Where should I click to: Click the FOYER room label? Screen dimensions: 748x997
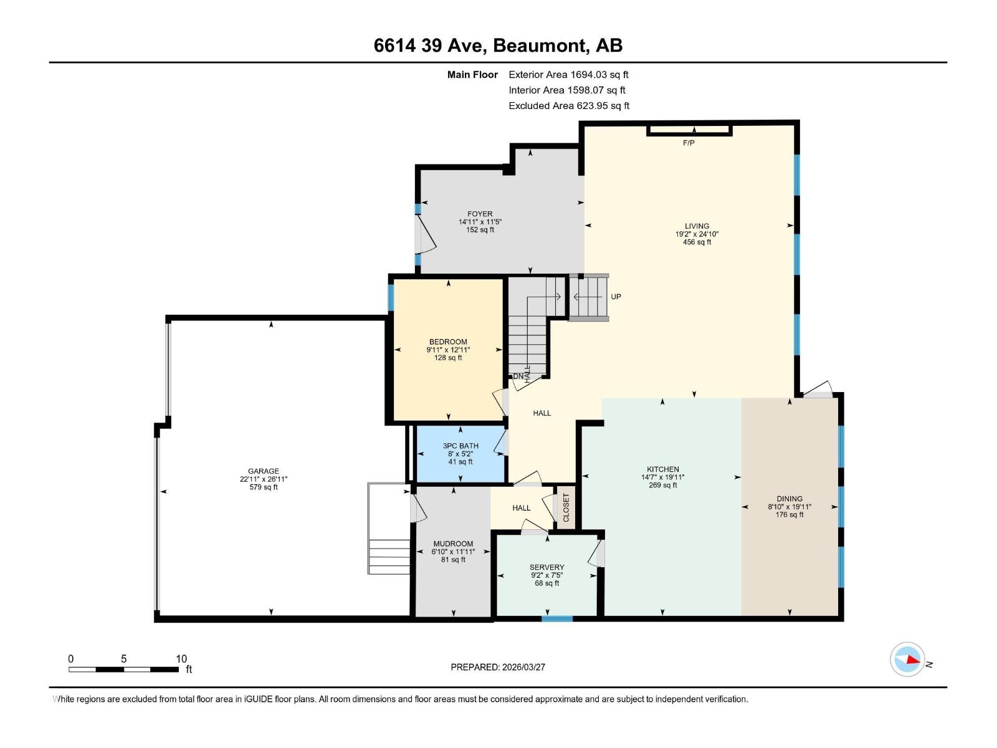pyautogui.click(x=480, y=214)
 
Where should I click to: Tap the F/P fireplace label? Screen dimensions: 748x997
pyautogui.click(x=689, y=143)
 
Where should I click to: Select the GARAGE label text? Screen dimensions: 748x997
pyautogui.click(x=264, y=471)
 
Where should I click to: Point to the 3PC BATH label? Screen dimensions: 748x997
pyautogui.click(x=460, y=446)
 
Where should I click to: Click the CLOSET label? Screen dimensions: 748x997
pyautogui.click(x=566, y=508)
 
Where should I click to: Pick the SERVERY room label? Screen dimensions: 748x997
pyautogui.click(x=546, y=567)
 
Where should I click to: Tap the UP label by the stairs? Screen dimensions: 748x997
pyautogui.click(x=616, y=297)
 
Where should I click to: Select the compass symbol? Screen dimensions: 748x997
pyautogui.click(x=907, y=659)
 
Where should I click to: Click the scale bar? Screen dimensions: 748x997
pyautogui.click(x=124, y=669)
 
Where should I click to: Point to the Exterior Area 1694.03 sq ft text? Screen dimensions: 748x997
pyautogui.click(x=568, y=75)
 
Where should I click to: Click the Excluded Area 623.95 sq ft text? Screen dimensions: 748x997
pyautogui.click(x=568, y=106)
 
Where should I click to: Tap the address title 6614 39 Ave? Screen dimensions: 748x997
pyautogui.click(x=498, y=46)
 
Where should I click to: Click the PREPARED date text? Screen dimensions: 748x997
pyautogui.click(x=498, y=667)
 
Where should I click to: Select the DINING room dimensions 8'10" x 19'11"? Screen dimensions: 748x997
pyautogui.click(x=789, y=507)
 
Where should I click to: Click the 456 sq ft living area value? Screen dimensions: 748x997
pyautogui.click(x=697, y=242)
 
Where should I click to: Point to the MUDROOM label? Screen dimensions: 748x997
pyautogui.click(x=453, y=544)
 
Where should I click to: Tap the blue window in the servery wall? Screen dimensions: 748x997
pyautogui.click(x=556, y=618)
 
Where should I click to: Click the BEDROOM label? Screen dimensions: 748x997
pyautogui.click(x=448, y=342)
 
